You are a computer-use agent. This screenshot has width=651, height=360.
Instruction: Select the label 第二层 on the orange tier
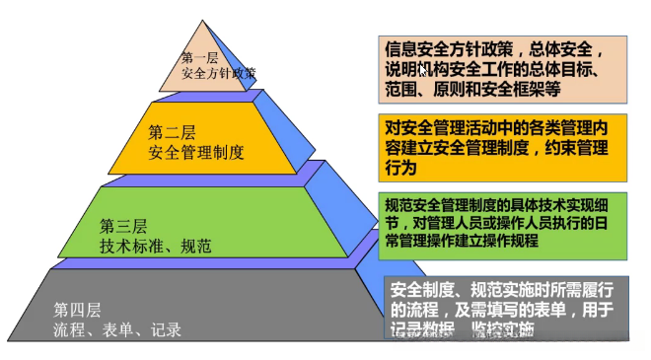172,131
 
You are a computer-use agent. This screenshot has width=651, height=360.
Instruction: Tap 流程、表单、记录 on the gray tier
117,329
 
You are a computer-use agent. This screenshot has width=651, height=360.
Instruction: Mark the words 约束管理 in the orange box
582,149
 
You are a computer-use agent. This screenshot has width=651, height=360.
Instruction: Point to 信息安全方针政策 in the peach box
450,48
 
